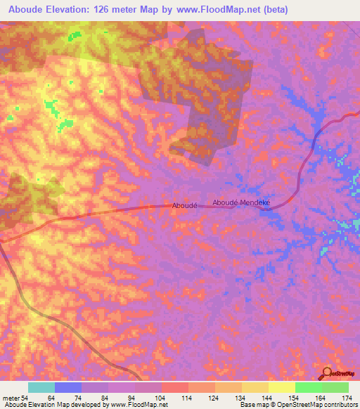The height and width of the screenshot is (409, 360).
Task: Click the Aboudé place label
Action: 184,205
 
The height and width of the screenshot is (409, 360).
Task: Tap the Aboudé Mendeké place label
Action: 241,202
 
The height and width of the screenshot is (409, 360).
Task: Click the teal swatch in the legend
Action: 41,387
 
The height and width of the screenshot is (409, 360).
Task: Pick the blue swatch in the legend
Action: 68,387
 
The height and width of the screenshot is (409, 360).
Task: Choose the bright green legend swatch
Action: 309,387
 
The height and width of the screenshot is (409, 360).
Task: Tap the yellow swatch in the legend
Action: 282,387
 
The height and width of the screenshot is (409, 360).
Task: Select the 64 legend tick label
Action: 50,398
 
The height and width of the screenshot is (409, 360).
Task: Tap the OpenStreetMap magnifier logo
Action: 328,373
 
